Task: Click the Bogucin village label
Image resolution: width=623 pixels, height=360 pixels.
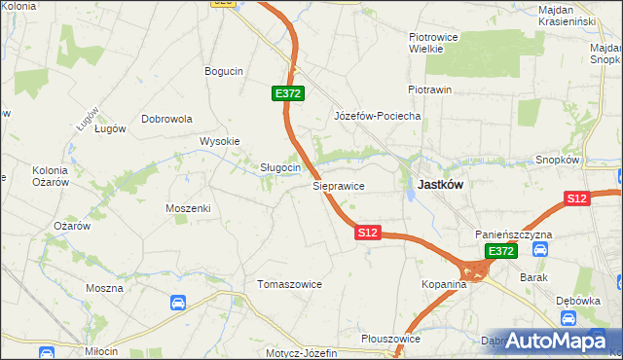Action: [223, 71]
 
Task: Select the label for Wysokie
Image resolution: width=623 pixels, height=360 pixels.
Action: [219, 141]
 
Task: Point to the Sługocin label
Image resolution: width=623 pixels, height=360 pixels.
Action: [279, 167]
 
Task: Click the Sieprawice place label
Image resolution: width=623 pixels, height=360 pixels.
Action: [338, 184]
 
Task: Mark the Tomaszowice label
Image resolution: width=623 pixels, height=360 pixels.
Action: [289, 284]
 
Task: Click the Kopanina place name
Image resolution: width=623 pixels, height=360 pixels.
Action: [446, 284]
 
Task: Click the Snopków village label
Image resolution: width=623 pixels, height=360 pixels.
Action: [558, 160]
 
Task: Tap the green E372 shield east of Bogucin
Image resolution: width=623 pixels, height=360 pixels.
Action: [288, 93]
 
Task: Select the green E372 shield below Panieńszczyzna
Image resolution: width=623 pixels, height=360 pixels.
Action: [500, 251]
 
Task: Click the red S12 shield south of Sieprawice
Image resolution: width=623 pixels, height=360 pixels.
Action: [367, 234]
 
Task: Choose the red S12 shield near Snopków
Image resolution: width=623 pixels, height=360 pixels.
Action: [577, 198]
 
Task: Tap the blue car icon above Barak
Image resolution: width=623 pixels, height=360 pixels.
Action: [541, 249]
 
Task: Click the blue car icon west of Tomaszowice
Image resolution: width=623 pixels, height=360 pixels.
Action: [178, 303]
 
